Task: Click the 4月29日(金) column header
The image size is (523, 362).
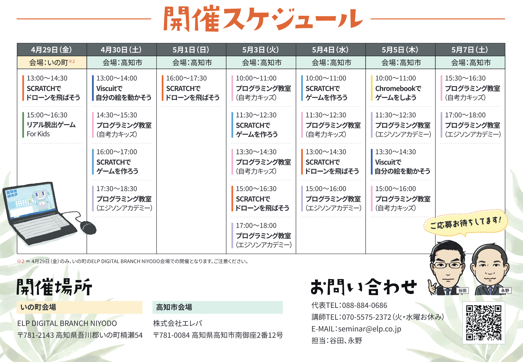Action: click(52, 50)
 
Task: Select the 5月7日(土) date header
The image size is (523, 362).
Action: click(470, 50)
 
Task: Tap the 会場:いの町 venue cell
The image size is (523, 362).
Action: click(52, 63)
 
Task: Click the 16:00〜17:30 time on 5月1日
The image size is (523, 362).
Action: click(186, 78)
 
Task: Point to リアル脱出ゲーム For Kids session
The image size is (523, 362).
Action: click(51, 129)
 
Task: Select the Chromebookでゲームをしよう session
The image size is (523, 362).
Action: click(398, 93)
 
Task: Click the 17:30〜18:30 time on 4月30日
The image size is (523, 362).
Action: click(117, 189)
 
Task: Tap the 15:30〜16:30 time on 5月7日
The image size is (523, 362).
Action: click(465, 78)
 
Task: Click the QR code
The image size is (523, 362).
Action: click(484, 323)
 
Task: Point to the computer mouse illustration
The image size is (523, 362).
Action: click(88, 227)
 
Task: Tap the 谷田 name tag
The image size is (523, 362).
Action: click(462, 291)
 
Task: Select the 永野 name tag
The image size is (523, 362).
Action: click(505, 291)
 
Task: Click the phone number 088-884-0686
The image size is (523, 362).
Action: click(365, 305)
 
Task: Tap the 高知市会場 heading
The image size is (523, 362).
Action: click(174, 307)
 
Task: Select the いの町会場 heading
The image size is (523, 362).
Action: click(38, 307)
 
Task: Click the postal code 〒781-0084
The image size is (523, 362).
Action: click(172, 335)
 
